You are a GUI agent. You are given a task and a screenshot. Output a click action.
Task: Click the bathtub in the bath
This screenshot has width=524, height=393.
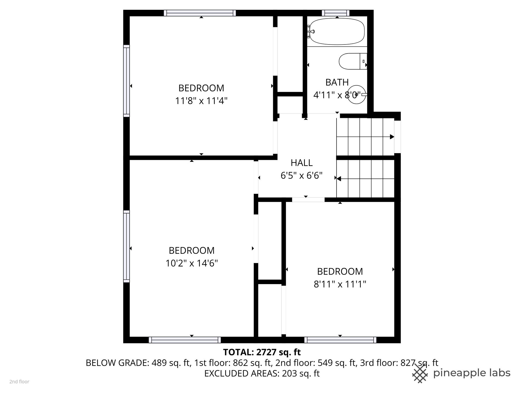pyautogui.click(x=337, y=31)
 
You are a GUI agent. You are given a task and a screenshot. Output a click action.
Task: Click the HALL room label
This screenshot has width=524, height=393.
pyautogui.click(x=302, y=163)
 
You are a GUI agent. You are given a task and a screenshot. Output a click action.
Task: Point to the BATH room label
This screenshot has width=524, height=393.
pyautogui.click(x=337, y=82)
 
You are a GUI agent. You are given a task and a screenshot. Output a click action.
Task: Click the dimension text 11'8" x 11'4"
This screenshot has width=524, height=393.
pyautogui.click(x=201, y=101)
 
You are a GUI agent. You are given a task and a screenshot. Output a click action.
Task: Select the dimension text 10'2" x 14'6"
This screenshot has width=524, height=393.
pyautogui.click(x=192, y=263)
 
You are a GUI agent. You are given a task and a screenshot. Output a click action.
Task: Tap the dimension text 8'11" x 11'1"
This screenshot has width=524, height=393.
pyautogui.click(x=340, y=284)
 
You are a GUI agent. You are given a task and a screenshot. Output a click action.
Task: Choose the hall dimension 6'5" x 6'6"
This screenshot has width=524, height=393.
pyautogui.click(x=302, y=175)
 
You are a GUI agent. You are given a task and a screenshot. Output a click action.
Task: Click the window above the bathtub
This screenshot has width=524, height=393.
pyautogui.click(x=336, y=13)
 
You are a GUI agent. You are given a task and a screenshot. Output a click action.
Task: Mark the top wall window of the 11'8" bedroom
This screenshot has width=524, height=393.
pyautogui.click(x=200, y=13)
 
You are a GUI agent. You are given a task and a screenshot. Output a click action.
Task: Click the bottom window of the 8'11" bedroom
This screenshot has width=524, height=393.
pyautogui.click(x=340, y=340)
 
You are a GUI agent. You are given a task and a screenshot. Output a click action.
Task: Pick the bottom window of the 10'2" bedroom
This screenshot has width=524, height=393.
pyautogui.click(x=185, y=340)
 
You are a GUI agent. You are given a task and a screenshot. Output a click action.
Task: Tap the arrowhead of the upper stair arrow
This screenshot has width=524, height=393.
pyautogui.click(x=392, y=137)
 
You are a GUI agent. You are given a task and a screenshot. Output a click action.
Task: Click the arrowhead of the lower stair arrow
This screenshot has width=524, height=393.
pyautogui.click(x=339, y=179)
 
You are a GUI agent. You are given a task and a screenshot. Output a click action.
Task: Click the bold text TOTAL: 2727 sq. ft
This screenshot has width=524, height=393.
pyautogui.click(x=262, y=352)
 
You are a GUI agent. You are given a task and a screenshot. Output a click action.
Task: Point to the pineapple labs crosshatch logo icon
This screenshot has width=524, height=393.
pyautogui.click(x=421, y=373)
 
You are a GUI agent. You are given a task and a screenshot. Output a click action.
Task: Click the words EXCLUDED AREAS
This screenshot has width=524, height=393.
pyautogui.click(x=241, y=373)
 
